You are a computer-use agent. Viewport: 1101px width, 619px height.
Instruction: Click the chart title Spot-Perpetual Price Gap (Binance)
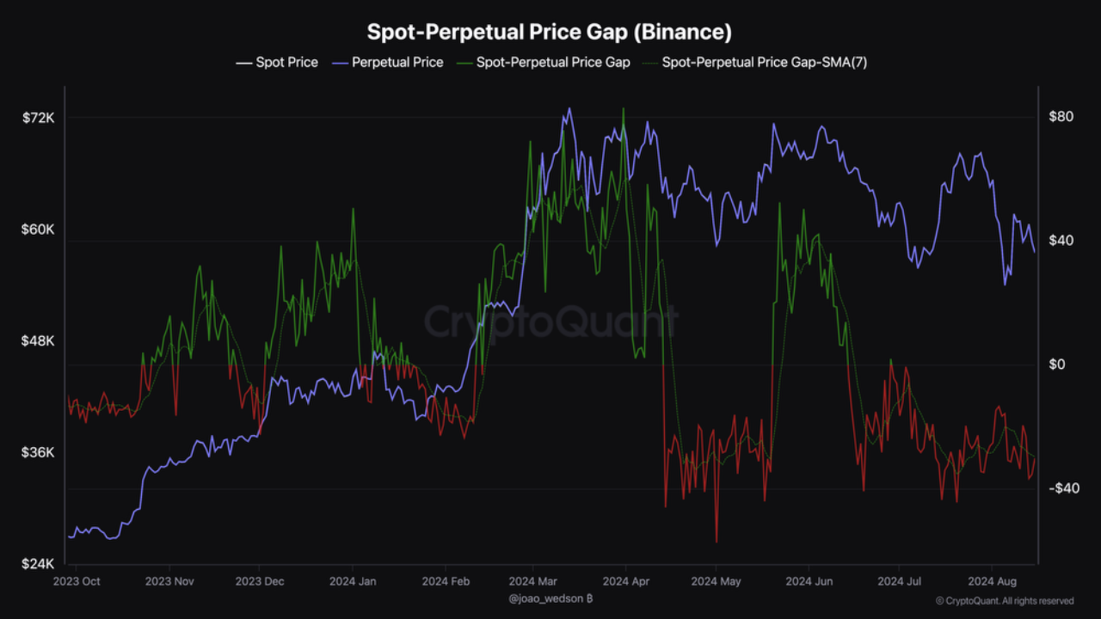point(550,33)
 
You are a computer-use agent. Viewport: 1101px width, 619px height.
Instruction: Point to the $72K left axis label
point(38,118)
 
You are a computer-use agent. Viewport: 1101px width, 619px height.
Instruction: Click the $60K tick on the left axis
point(38,230)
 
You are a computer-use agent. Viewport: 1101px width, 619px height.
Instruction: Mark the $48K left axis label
point(38,340)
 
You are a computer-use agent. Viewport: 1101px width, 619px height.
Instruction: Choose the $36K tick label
point(38,452)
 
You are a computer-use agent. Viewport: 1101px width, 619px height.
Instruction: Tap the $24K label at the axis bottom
point(38,564)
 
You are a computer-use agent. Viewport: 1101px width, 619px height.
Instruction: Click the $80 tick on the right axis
point(1060,117)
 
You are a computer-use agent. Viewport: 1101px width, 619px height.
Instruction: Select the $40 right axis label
point(1060,241)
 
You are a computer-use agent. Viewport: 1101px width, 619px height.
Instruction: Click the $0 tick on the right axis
point(1056,365)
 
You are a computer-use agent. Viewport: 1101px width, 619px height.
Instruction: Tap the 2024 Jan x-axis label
point(353,581)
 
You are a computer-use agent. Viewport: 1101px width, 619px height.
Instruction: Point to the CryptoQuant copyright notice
point(1004,601)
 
